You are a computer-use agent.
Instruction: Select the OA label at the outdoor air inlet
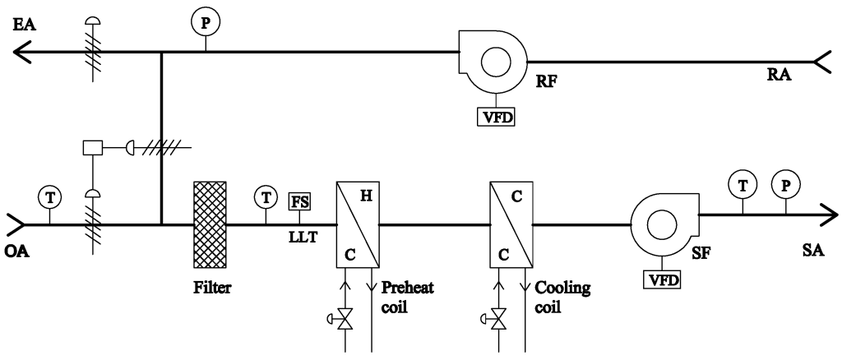pos(16,244)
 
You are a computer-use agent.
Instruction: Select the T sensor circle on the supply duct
pos(743,187)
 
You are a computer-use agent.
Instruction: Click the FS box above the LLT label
pos(298,201)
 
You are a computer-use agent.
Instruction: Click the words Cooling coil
pos(557,297)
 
